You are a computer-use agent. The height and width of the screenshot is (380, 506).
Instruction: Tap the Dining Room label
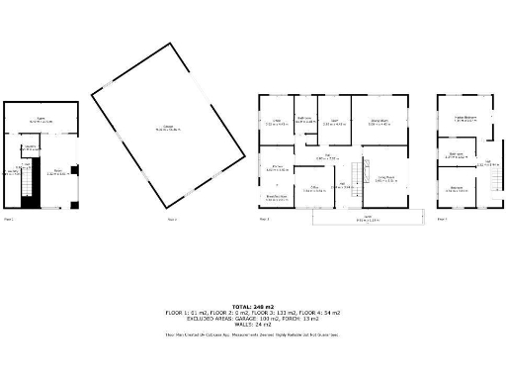379,122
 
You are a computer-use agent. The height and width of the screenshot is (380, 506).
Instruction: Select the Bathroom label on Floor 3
306,122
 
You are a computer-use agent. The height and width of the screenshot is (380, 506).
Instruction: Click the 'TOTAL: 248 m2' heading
252,306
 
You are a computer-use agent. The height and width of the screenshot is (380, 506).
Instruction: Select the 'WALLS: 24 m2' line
252,325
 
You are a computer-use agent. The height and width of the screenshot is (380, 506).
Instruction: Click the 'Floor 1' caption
9,218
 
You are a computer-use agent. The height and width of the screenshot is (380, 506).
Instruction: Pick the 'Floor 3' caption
264,218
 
